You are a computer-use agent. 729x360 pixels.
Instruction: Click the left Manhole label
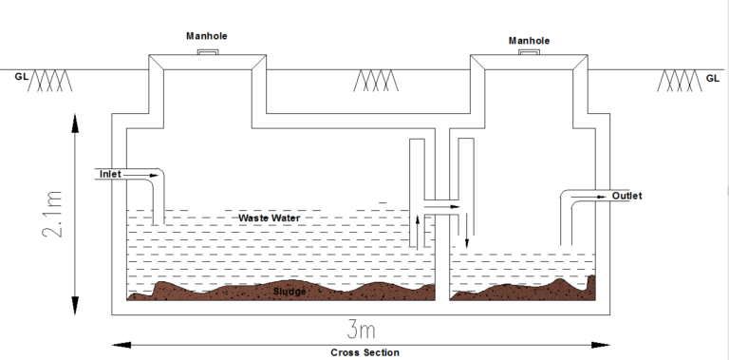[x=207, y=36]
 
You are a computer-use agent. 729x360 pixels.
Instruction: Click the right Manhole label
[x=529, y=41]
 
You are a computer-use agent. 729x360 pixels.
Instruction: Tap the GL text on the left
[x=21, y=76]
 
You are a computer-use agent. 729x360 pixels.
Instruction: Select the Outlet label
[x=626, y=196]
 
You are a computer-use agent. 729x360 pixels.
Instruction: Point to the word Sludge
[x=289, y=291]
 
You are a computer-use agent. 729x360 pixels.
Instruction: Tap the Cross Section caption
[x=364, y=352]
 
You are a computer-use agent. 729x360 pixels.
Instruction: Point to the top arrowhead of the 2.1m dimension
[x=73, y=119]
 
